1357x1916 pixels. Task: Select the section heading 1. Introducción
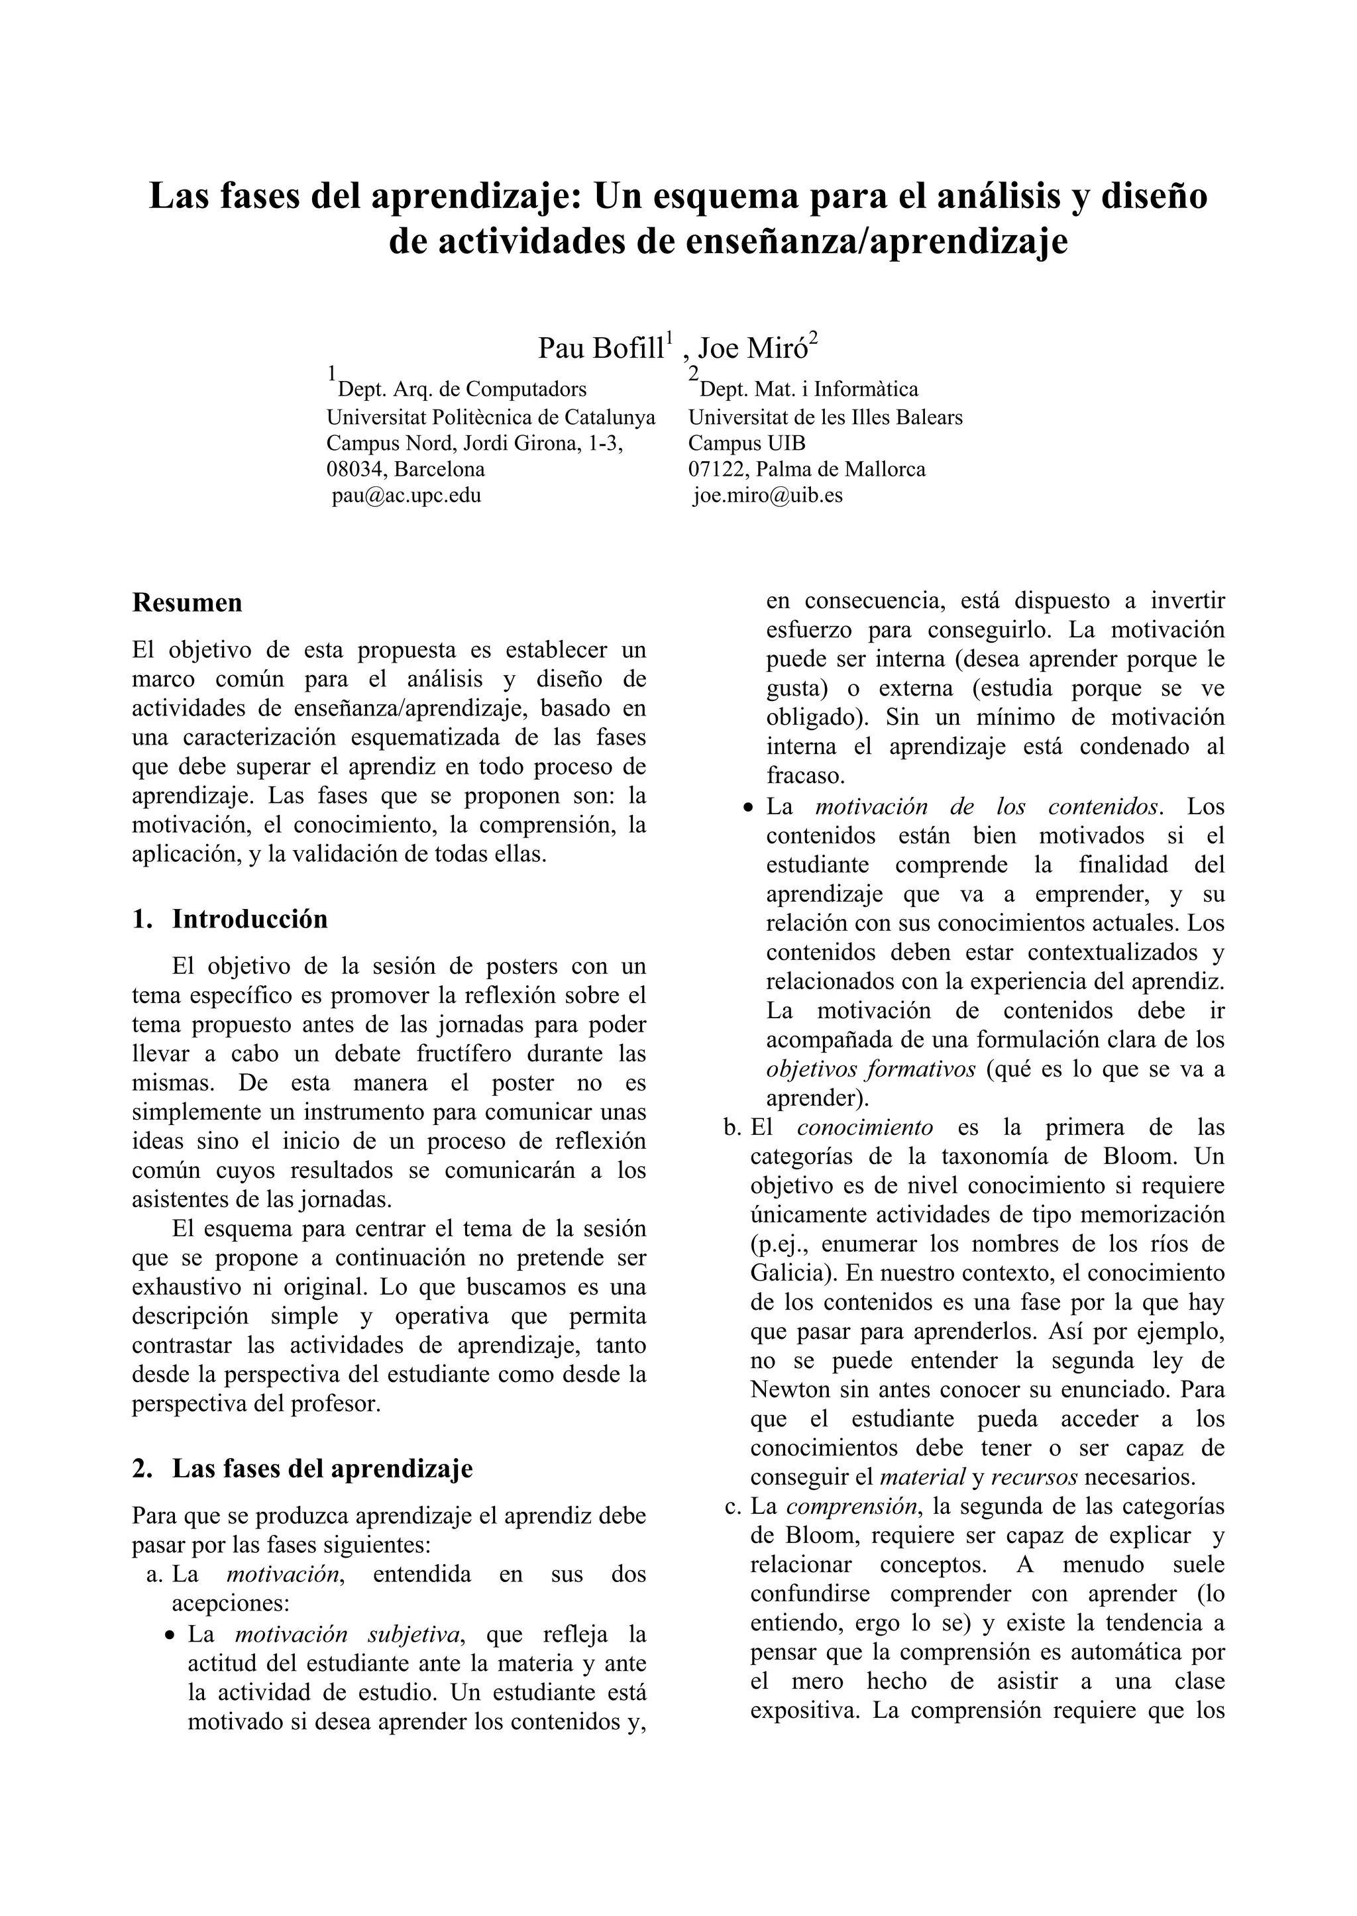pos(230,919)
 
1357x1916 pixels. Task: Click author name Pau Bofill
pos(602,348)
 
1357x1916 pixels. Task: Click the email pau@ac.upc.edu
pos(406,496)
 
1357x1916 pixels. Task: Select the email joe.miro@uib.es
pos(768,496)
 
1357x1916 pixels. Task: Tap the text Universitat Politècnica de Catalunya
pos(490,416)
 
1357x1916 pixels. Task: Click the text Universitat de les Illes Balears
pos(825,416)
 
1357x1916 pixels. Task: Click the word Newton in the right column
pos(788,1389)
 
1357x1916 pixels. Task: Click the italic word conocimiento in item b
pos(864,1127)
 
